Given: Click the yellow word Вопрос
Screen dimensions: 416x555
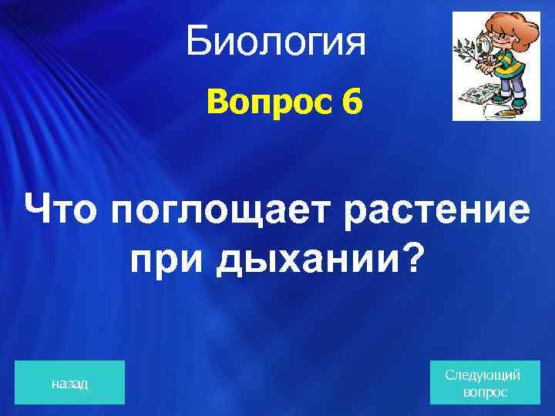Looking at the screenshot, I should tap(261, 102).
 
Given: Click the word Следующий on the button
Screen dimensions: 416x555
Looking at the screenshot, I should tap(483, 374).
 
